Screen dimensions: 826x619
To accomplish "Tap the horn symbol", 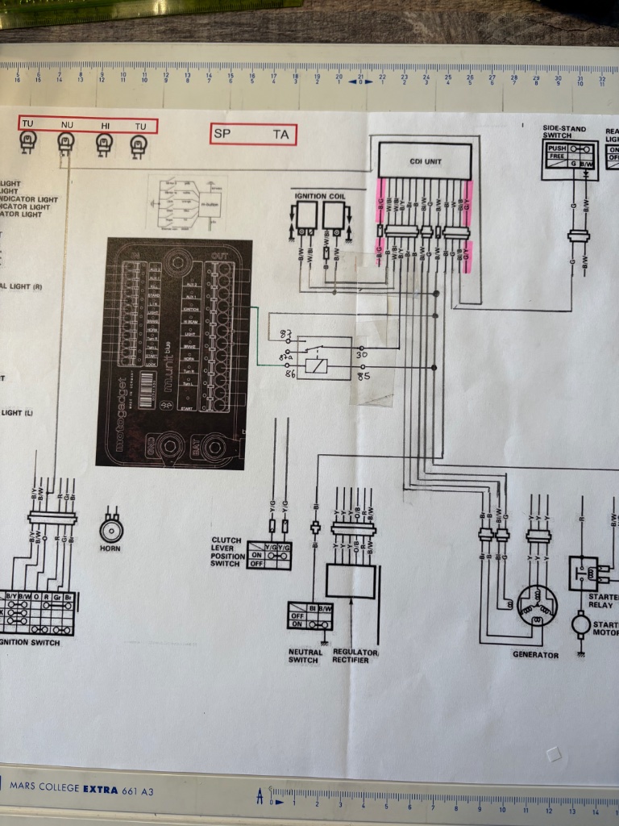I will [x=111, y=529].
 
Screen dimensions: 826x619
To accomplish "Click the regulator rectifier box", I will [x=351, y=581].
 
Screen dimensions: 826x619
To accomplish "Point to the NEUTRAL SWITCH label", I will [x=305, y=656].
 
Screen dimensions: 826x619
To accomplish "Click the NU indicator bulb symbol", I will [x=66, y=143].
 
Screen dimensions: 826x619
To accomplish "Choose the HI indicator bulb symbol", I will [x=104, y=144].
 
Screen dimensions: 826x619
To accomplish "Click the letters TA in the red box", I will [x=280, y=135].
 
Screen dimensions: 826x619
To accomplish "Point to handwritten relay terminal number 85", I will [x=364, y=375].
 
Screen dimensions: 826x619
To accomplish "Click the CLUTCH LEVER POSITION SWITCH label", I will [x=226, y=552].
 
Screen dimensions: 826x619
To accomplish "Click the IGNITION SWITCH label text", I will [x=31, y=642].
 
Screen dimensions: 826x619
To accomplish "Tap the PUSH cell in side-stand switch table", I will [x=557, y=149].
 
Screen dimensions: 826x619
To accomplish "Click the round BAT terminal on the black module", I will [x=214, y=446].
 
